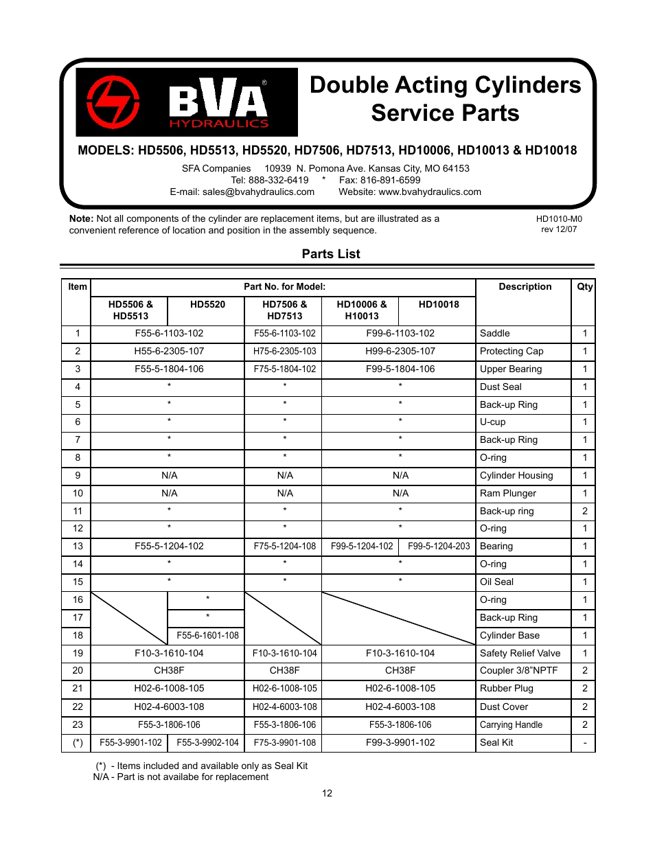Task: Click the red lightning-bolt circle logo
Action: point(113,102)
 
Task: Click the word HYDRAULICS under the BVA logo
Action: point(219,124)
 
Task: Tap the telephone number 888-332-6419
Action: point(279,180)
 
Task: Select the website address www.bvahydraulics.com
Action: point(430,192)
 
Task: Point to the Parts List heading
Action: point(331,254)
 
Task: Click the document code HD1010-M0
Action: point(559,219)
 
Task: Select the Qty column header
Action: point(584,287)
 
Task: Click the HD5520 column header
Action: point(207,304)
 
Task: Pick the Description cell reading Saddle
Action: point(495,333)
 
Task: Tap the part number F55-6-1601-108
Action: point(207,635)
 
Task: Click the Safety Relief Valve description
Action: point(520,653)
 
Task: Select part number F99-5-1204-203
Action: point(439,546)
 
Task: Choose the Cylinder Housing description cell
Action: point(516,475)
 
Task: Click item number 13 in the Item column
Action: point(78,546)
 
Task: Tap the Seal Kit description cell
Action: point(496,742)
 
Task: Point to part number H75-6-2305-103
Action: point(285,351)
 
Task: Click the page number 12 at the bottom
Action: point(327,793)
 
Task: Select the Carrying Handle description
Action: point(511,724)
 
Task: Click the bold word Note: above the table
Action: point(81,218)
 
